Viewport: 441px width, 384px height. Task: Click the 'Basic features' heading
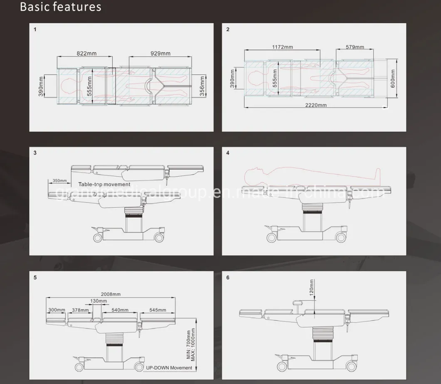(x=60, y=7)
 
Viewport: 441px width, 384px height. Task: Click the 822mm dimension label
(x=87, y=53)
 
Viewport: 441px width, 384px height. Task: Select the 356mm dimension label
(x=202, y=86)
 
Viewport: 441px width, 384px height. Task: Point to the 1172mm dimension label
(x=282, y=47)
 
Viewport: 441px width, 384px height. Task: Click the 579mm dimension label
(x=355, y=47)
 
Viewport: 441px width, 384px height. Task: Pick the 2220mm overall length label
(x=316, y=105)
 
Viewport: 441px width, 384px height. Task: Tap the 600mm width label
(x=392, y=78)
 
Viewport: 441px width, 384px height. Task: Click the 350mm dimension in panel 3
(x=59, y=181)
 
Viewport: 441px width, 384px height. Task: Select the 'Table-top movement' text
(x=104, y=185)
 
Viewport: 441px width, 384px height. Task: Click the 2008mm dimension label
(x=110, y=294)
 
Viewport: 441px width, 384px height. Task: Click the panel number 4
(x=228, y=153)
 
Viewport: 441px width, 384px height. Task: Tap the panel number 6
(x=228, y=277)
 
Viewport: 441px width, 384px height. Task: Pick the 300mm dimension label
(x=57, y=310)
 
